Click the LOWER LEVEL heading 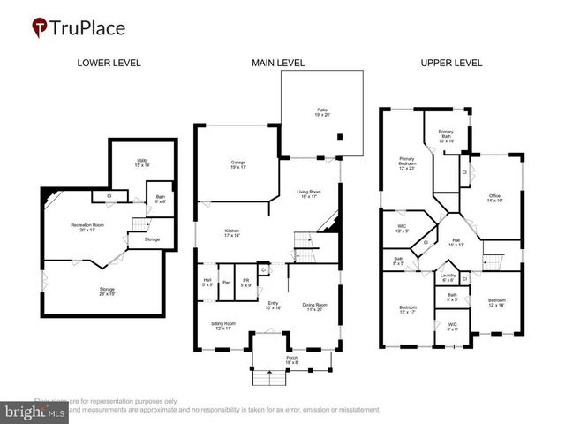tap(109, 63)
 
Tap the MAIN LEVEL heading tap(278, 63)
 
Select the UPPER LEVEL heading tap(451, 63)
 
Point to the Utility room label tap(141, 163)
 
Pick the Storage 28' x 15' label tap(106, 291)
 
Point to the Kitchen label tap(230, 234)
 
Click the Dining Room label tap(314, 307)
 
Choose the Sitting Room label tap(223, 326)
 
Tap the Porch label tap(292, 360)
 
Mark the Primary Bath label tap(446, 135)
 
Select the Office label tap(494, 199)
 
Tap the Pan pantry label tap(227, 283)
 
